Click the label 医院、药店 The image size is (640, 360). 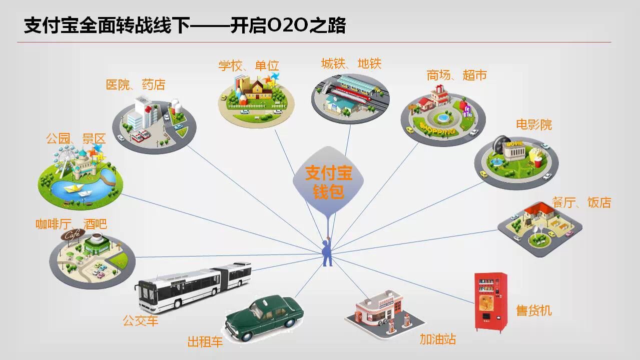click(x=135, y=84)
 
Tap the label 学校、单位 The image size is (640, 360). click(x=248, y=65)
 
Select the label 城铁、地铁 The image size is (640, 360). click(x=351, y=63)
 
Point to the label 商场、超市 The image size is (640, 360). click(x=456, y=75)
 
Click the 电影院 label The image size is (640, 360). click(x=534, y=124)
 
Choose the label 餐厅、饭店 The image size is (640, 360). click(x=581, y=202)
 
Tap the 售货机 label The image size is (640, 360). click(x=534, y=310)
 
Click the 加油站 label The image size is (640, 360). click(x=438, y=339)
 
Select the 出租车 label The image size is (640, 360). click(x=205, y=342)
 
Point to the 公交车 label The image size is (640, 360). click(x=141, y=320)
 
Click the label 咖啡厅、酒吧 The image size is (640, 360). click(x=71, y=224)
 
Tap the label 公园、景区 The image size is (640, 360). click(x=76, y=138)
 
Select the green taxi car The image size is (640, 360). click(x=264, y=318)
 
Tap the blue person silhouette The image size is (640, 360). click(x=327, y=253)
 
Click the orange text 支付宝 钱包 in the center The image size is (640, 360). click(x=328, y=182)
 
